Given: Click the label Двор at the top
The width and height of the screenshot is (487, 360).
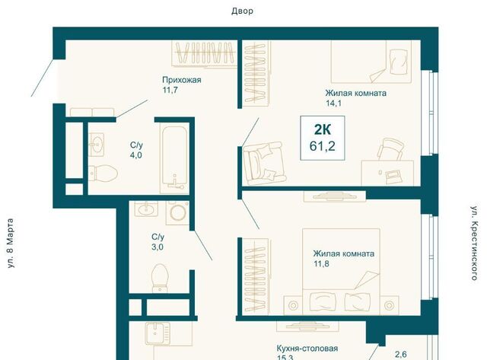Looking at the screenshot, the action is click(242, 11).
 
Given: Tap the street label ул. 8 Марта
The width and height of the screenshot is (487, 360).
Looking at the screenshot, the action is click(10, 244).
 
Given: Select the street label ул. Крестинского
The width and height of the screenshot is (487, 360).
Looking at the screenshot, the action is click(474, 244).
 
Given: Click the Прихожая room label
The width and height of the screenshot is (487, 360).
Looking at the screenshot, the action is click(182, 80).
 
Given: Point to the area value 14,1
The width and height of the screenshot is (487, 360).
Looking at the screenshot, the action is click(333, 103).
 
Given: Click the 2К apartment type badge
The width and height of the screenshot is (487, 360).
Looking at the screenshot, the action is click(323, 129).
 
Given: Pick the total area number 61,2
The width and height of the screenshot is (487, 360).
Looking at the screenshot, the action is click(323, 145).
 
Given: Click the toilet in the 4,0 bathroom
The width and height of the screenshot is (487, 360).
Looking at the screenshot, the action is click(103, 173).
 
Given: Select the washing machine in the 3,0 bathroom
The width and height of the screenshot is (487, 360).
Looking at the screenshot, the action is click(177, 213).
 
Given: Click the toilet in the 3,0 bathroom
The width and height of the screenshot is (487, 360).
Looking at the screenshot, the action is click(160, 278).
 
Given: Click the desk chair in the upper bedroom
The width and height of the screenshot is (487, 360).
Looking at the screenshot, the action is click(392, 150).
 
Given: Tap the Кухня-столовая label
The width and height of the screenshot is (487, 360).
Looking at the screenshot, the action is click(307, 349).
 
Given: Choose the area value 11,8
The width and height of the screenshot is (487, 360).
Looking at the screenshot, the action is click(321, 264).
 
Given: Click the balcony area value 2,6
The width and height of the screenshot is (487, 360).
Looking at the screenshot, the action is click(401, 355).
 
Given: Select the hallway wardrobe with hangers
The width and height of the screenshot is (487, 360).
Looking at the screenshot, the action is click(203, 53).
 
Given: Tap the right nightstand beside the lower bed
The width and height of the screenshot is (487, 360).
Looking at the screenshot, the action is click(389, 305).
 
